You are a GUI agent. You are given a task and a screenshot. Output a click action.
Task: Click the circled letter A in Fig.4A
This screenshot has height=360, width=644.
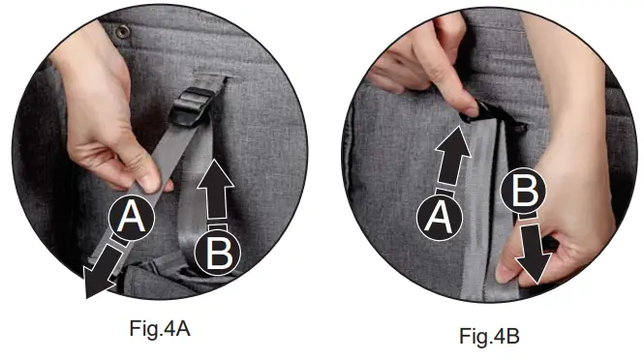[133, 221]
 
